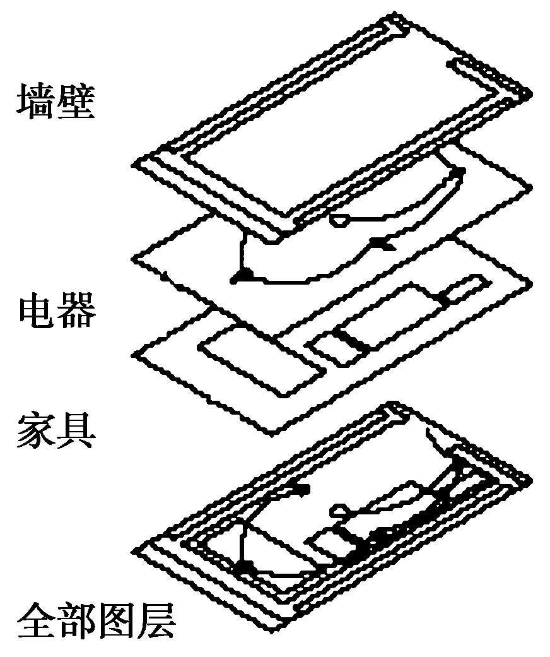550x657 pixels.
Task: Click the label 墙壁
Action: pos(56,102)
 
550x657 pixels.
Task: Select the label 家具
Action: pos(56,429)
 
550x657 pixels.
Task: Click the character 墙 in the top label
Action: pos(35,102)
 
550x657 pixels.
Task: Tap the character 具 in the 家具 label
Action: pos(76,429)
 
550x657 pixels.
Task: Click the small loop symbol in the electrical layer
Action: pos(341,219)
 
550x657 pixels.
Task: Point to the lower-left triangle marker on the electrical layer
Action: pos(241,275)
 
